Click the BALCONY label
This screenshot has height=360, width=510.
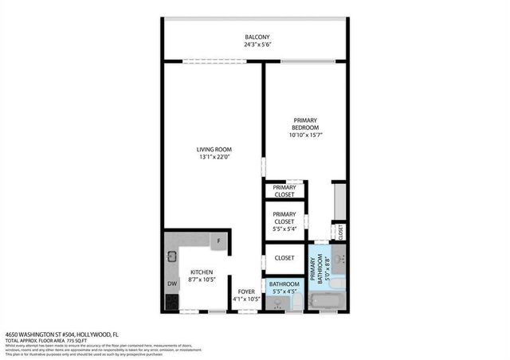tap(257, 37)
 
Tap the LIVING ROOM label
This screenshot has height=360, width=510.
tap(214, 149)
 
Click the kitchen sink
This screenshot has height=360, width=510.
tap(171, 256)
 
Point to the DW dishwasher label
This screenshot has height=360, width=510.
tap(171, 284)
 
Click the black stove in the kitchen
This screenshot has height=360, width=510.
tap(171, 302)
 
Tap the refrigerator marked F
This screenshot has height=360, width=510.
tap(217, 240)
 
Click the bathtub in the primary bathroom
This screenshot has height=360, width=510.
tap(328, 302)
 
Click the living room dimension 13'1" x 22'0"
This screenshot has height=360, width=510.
tap(214, 157)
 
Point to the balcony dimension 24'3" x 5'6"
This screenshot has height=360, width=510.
tap(257, 45)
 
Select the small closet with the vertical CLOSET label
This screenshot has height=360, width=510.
tap(340, 233)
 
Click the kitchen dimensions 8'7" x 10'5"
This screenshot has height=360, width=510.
tap(201, 280)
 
